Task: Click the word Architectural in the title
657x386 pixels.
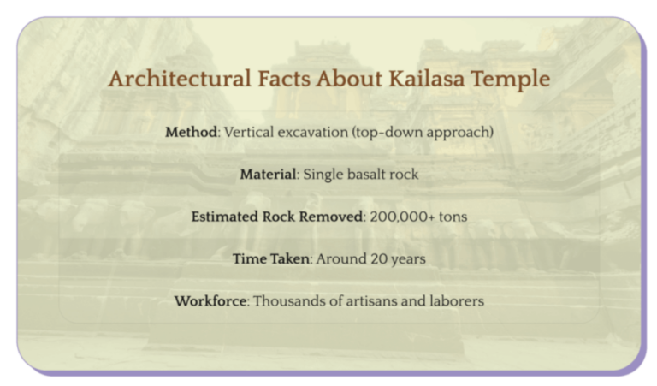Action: point(179,80)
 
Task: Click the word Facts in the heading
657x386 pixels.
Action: point(283,80)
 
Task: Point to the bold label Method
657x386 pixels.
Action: point(192,133)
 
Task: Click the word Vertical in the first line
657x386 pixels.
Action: point(249,133)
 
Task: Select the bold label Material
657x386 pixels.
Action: point(267,175)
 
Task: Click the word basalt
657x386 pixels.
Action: point(368,175)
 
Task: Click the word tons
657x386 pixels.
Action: point(453,217)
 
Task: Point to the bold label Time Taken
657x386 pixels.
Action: point(270,258)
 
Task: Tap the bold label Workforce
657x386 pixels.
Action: point(210,301)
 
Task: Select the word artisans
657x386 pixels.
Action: point(373,301)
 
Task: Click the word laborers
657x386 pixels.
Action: point(457,301)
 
